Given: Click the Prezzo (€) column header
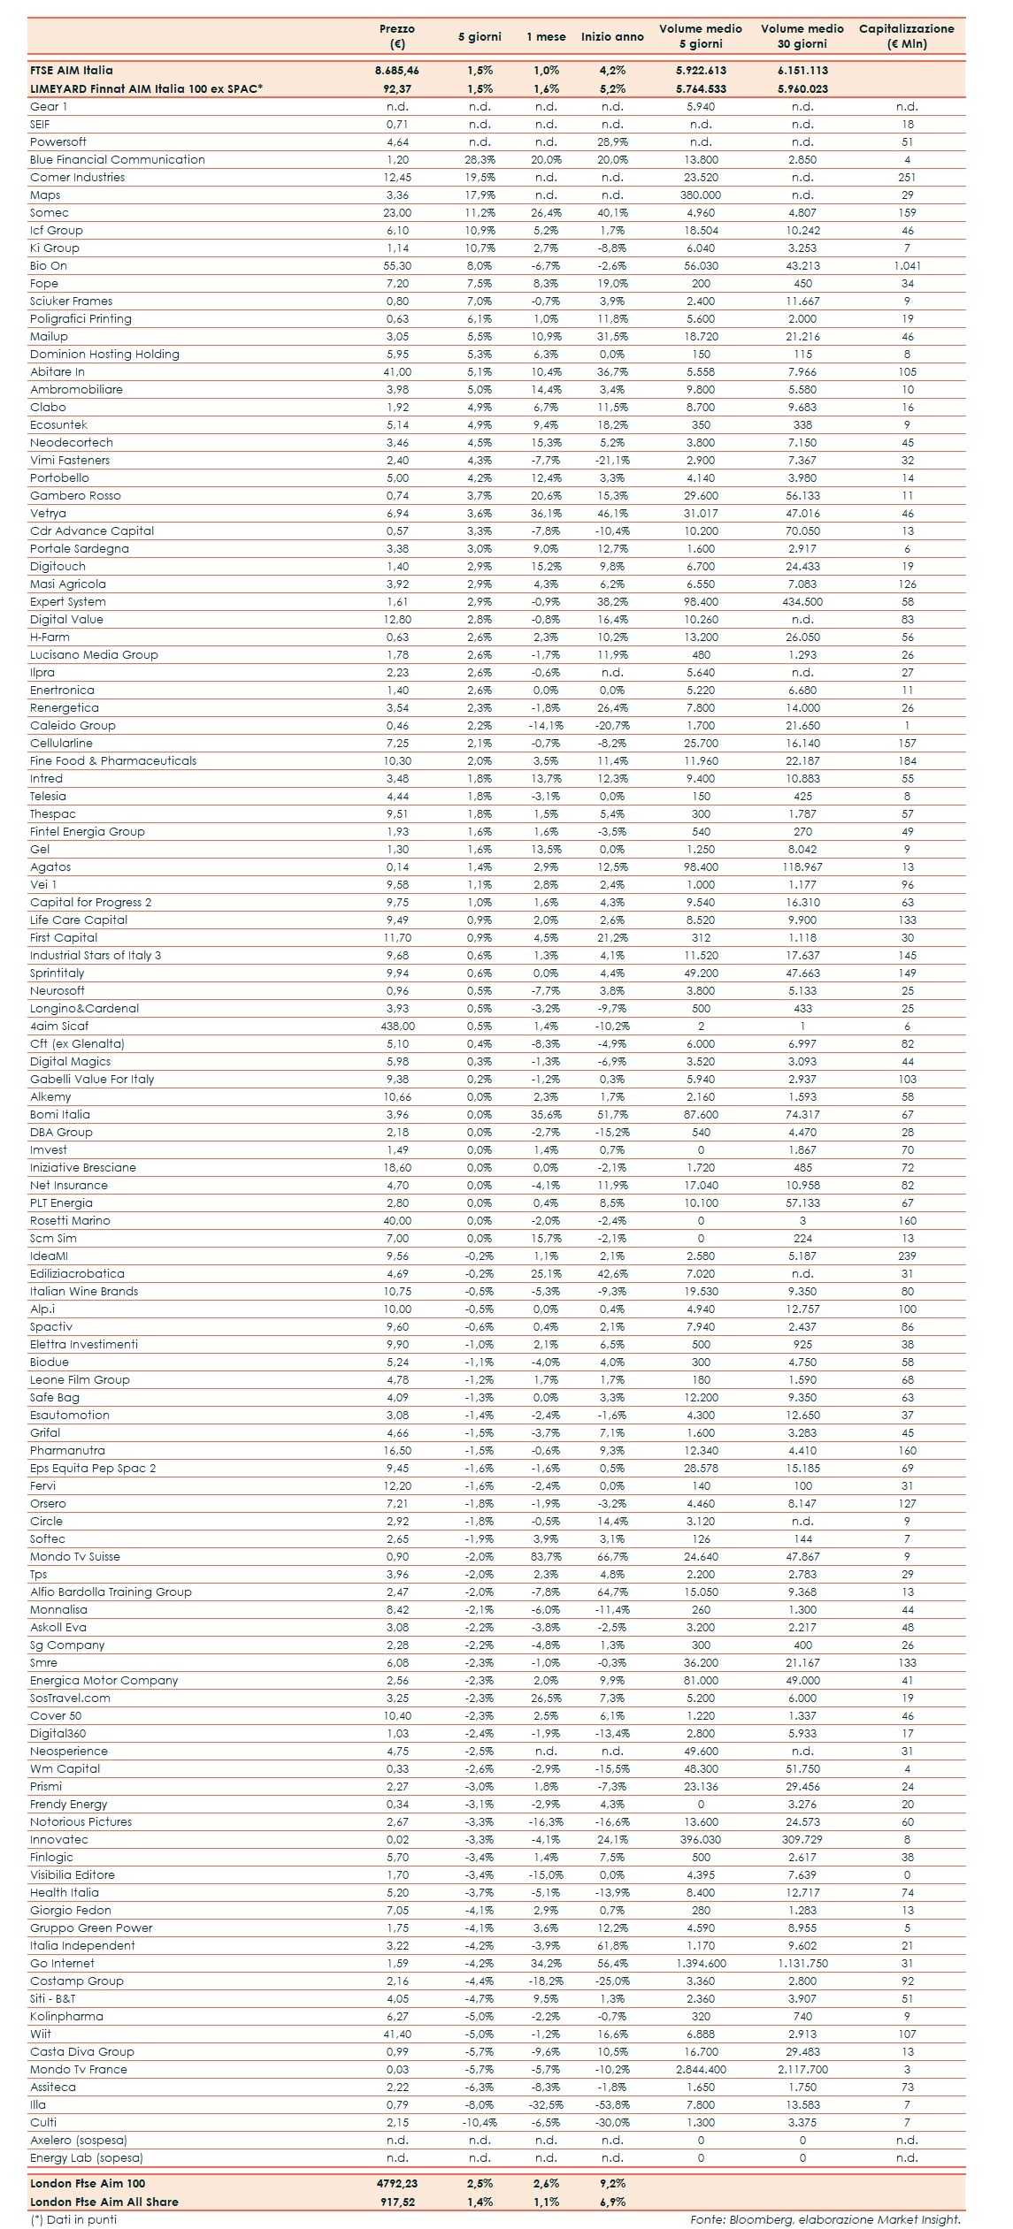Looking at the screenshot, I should [397, 36].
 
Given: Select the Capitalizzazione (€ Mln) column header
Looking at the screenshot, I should [906, 36].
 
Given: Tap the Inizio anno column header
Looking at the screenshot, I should [612, 37].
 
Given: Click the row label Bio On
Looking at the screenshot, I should [49, 266].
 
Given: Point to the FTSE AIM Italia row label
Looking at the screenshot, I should [72, 71].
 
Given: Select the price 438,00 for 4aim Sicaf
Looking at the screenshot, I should [397, 1027].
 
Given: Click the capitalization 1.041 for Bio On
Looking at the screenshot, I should [907, 266].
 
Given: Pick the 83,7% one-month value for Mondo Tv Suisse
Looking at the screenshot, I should [546, 1557].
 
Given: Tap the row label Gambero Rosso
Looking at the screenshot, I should [75, 496].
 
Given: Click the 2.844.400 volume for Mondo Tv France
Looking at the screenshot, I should [700, 2070].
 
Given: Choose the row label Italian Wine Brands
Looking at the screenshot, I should [84, 1292].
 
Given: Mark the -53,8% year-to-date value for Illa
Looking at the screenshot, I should [612, 2105].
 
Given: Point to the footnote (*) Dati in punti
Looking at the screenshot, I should [73, 2219].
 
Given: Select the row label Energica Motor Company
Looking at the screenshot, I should [104, 1681].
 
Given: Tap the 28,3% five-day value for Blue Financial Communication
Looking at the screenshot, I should [480, 160].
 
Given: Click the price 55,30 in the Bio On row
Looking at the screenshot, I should [397, 266].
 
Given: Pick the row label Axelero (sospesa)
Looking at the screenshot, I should [79, 2141].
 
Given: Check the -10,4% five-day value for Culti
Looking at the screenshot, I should [480, 2123].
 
